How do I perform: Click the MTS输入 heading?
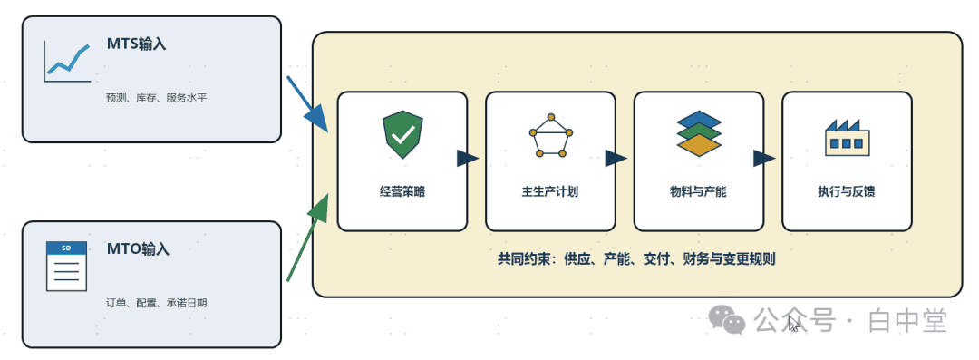point(136,44)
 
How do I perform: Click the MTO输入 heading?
point(138,248)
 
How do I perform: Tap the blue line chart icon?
point(67,62)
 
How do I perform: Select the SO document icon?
point(66,267)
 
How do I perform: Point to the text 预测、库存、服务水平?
point(156,98)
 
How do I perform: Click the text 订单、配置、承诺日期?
point(156,303)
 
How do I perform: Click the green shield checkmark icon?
point(402,134)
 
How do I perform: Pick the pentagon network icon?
point(551,135)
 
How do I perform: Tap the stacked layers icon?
point(699,133)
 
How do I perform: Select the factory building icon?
point(848,137)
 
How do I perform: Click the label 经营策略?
point(402,192)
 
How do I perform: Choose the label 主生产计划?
point(550,192)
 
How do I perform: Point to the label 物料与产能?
point(698,192)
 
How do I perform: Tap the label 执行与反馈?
point(847,192)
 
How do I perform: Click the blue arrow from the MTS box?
point(307,104)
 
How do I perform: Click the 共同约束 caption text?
point(636,258)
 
